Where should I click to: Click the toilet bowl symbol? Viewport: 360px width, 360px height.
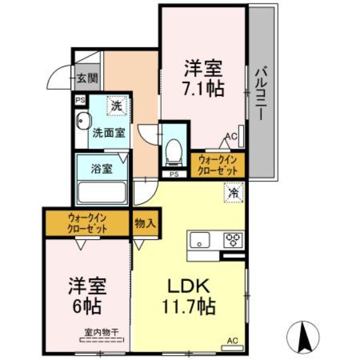pos(174,153)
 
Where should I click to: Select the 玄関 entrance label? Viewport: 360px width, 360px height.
pos(87,78)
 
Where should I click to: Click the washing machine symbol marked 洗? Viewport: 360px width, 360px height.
pos(117,106)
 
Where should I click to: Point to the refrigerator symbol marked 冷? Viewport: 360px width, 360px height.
pos(234,193)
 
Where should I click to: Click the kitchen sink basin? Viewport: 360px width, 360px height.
pos(200,240)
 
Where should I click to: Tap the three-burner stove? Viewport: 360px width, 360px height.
pos(233,240)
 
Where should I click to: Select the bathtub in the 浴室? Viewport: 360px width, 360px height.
pos(102,193)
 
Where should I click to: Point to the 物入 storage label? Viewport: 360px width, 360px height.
pos(145,223)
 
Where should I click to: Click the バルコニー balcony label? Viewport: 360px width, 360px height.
pos(261,93)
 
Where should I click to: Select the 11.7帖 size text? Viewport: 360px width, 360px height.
pos(189,307)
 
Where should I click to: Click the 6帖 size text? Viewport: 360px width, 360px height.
pos(87,306)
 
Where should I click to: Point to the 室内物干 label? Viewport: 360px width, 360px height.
pos(101,332)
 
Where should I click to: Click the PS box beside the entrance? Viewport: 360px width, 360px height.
pos(81,100)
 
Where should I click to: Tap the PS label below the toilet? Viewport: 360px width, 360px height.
pos(174,175)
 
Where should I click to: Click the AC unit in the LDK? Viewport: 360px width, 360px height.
pos(232,348)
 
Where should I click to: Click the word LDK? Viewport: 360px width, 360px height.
pos(189,286)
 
